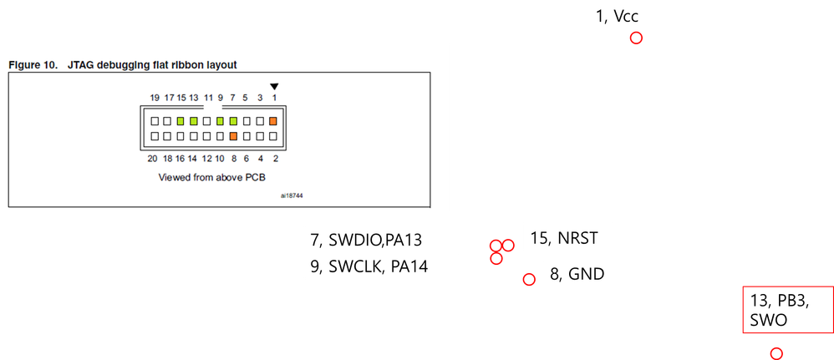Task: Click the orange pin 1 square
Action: [x=272, y=121]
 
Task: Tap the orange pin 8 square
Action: [x=233, y=135]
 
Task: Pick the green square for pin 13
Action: [x=194, y=121]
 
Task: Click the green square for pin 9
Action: [x=221, y=121]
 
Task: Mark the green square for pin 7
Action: [x=233, y=121]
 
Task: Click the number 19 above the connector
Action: [x=155, y=98]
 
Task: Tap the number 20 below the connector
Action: [x=152, y=158]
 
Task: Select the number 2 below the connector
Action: [x=274, y=158]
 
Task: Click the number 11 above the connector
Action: [x=208, y=98]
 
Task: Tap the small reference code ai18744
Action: [x=292, y=197]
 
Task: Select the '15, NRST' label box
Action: [x=568, y=238]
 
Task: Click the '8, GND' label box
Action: [x=587, y=273]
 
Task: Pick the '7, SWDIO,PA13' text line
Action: [x=366, y=241]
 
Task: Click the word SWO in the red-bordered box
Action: [x=768, y=320]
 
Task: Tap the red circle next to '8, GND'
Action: [x=528, y=279]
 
